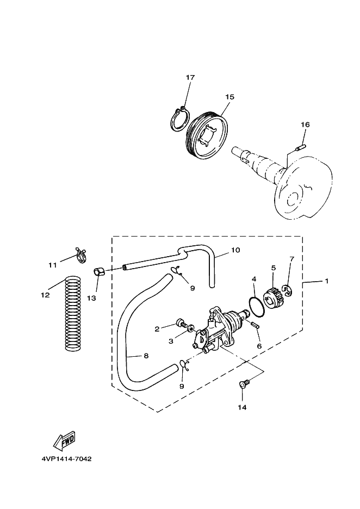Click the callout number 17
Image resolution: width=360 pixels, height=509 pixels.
[190, 77]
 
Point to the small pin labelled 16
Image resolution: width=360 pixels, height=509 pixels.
[301, 148]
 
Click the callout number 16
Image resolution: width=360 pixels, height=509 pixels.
[305, 125]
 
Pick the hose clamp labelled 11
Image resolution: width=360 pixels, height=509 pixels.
[81, 255]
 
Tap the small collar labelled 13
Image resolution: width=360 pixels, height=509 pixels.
[100, 272]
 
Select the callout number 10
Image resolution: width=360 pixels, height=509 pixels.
[235, 250]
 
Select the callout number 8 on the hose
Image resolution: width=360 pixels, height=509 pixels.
[146, 356]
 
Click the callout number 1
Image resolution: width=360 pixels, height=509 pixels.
[327, 281]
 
